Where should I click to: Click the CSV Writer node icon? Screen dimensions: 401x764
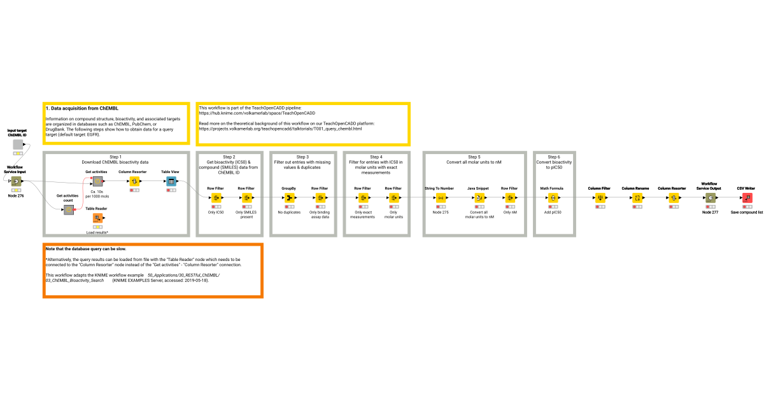click(747, 198)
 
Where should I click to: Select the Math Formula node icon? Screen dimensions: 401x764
click(553, 198)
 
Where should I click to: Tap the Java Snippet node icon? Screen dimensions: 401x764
click(479, 198)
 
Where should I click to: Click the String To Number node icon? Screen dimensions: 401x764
click(440, 198)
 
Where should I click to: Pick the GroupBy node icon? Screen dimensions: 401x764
click(289, 198)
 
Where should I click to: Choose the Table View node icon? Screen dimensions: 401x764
click(171, 181)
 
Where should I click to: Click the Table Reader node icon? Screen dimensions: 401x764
click(97, 220)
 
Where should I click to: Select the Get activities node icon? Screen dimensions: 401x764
click(97, 181)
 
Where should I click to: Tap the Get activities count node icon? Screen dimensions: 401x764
click(68, 210)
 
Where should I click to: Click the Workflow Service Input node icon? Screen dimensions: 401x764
click(16, 181)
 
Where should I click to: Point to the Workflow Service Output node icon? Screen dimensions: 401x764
click(710, 198)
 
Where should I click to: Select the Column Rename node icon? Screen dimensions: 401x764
click(637, 198)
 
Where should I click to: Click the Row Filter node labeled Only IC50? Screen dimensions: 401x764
click(215, 198)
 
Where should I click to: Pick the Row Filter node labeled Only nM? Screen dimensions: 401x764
click(509, 198)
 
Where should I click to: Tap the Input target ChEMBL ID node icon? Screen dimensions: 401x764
click(18, 144)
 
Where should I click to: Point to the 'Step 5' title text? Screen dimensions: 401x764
click(474, 157)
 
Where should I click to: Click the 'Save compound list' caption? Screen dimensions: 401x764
click(747, 212)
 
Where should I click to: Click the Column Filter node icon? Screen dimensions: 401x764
click(599, 198)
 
